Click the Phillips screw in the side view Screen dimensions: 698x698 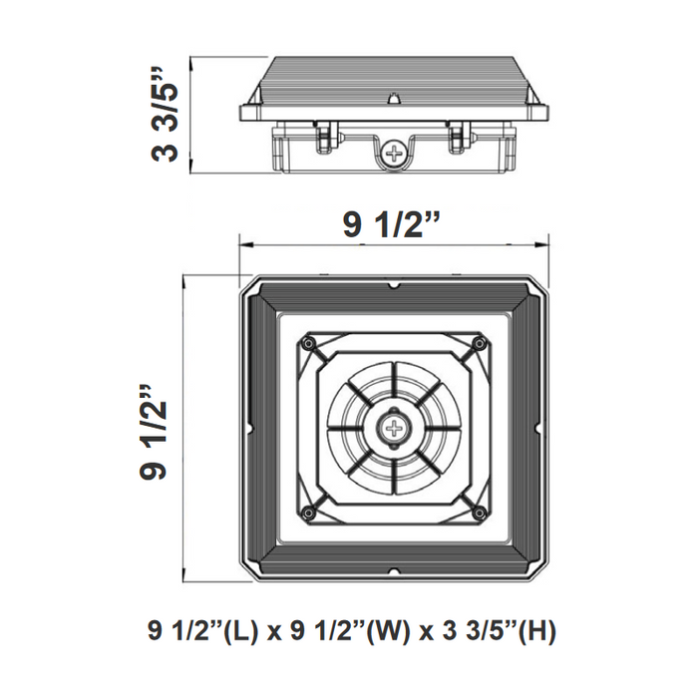(396, 155)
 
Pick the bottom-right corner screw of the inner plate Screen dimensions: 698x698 (480, 515)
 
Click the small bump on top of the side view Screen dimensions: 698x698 (396, 99)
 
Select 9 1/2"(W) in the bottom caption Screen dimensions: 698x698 (337, 631)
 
